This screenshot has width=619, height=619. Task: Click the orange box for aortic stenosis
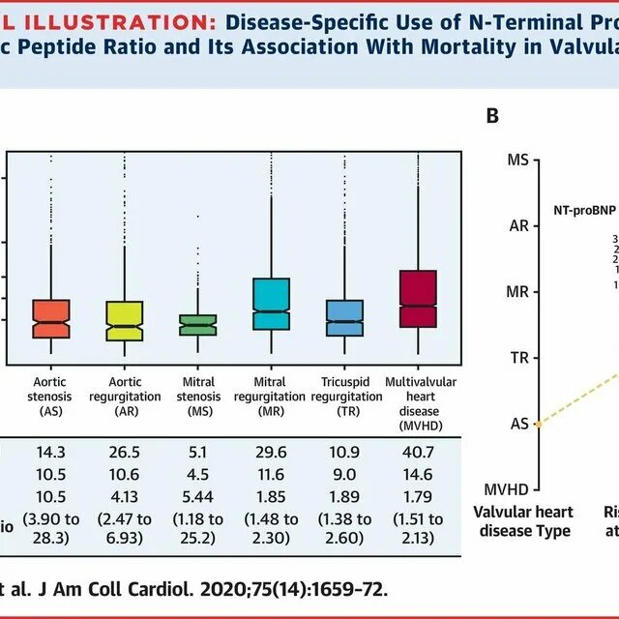[51, 318]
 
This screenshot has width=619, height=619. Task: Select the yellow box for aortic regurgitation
[125, 321]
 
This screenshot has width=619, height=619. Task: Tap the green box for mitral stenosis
[198, 325]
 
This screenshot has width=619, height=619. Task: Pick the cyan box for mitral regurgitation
[271, 304]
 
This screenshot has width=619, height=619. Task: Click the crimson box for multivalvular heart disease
[418, 299]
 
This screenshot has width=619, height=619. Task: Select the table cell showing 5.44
[200, 497]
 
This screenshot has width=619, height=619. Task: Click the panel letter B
[492, 116]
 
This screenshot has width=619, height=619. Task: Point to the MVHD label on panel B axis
[510, 489]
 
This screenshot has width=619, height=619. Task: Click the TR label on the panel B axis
[518, 358]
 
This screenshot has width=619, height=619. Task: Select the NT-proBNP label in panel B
[584, 209]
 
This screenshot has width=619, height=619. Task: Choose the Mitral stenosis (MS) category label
[198, 397]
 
